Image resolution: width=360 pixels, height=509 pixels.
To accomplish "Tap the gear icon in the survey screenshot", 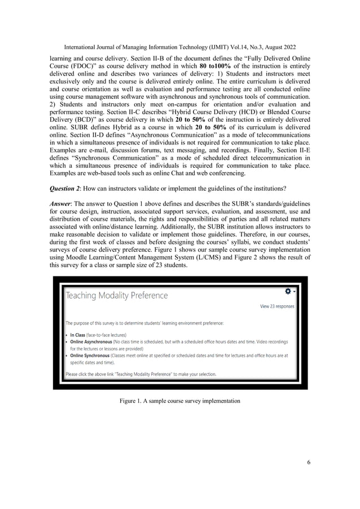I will coord(288,291).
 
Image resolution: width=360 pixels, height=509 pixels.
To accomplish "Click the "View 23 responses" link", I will coord(276,306).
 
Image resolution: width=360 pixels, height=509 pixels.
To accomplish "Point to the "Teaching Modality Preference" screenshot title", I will coord(117,295).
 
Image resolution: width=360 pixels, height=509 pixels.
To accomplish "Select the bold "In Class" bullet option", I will coord(78,335).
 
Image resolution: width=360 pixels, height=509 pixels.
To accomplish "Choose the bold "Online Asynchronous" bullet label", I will coord(92,342).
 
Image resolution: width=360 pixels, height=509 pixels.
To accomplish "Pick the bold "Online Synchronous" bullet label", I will coord(90,356).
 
